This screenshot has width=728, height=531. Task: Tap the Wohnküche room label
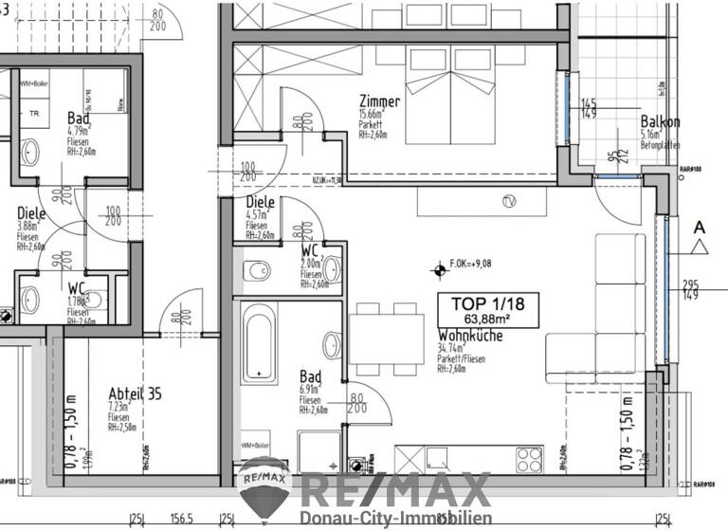(470, 337)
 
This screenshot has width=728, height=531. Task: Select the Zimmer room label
(379, 101)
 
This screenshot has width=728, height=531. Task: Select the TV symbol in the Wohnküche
(509, 201)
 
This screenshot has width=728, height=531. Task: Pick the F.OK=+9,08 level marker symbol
(439, 270)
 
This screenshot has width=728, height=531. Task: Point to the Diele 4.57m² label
(260, 203)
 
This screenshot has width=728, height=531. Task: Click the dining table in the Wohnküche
(385, 336)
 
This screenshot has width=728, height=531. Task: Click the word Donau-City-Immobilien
(395, 518)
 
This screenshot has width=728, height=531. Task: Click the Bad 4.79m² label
(78, 118)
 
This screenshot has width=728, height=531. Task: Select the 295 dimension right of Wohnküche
(690, 284)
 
